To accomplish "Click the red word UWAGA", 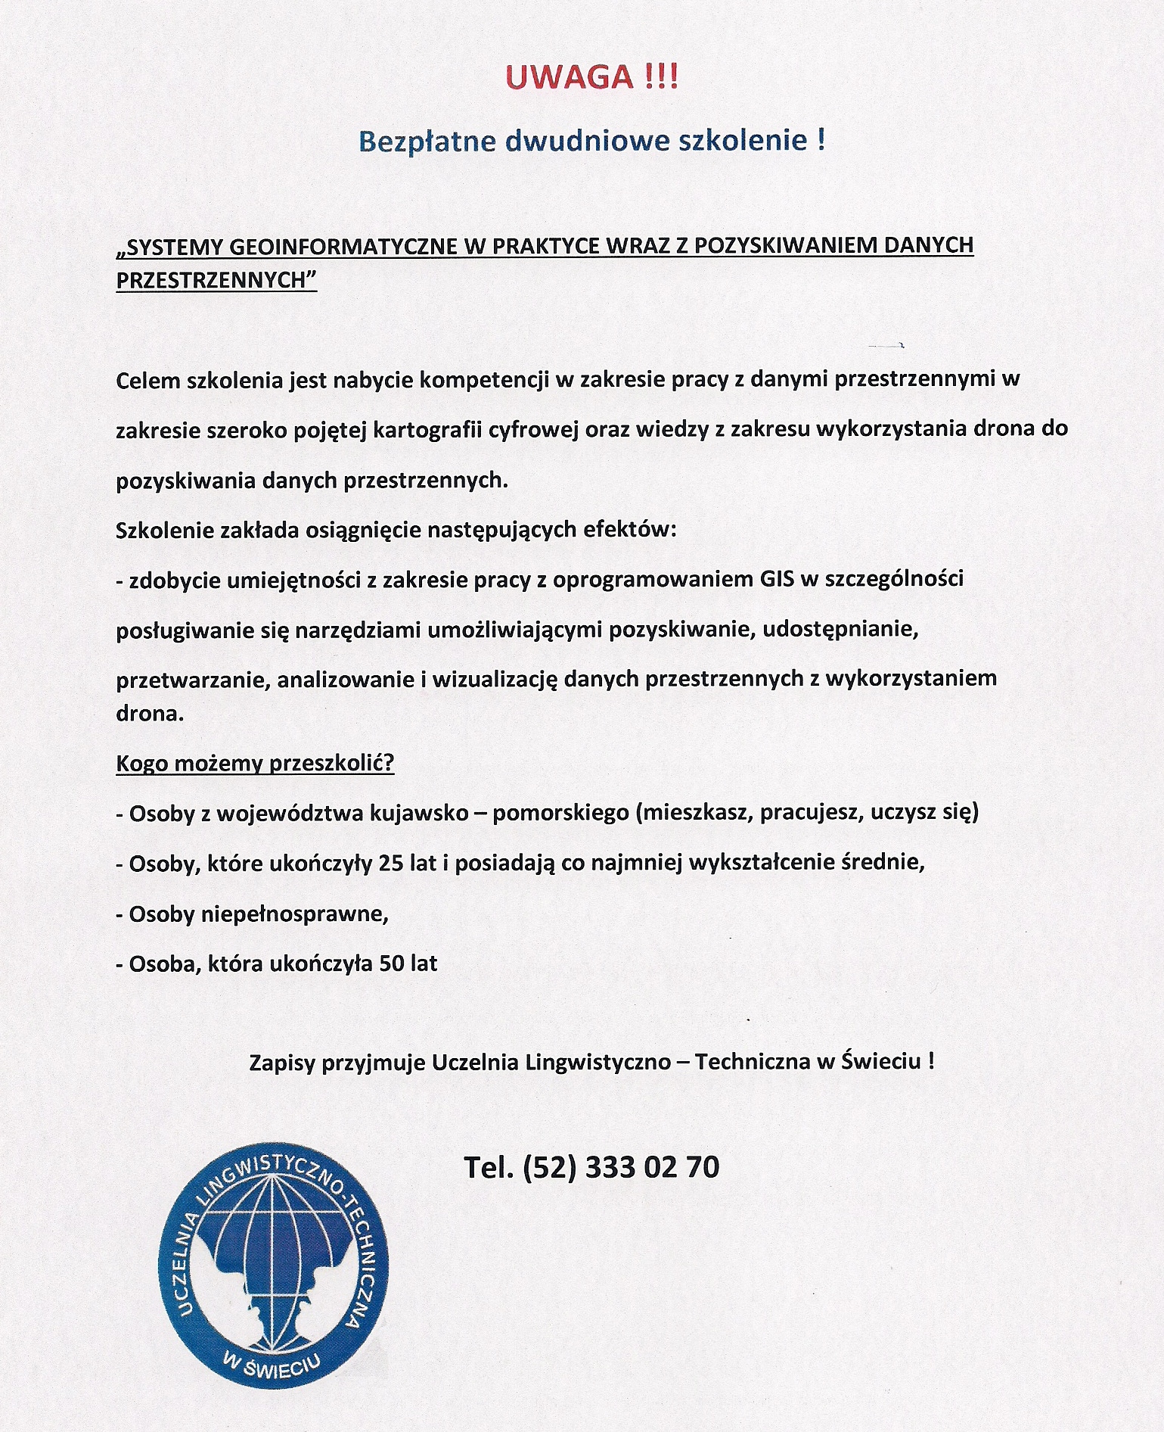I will coord(570,78).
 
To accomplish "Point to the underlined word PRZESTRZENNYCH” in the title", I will coord(216,280).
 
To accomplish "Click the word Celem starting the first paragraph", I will coord(148,380).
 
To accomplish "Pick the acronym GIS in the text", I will coord(778,580).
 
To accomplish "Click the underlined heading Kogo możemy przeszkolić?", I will coord(255,763).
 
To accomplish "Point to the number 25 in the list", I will coord(390,863).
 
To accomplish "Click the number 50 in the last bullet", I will coord(392,964).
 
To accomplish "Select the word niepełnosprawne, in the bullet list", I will coord(294,914).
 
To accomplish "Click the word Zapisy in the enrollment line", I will coord(282,1062).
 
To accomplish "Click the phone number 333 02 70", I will coord(652,1167).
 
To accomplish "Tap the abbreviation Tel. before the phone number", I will coord(489,1167).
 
